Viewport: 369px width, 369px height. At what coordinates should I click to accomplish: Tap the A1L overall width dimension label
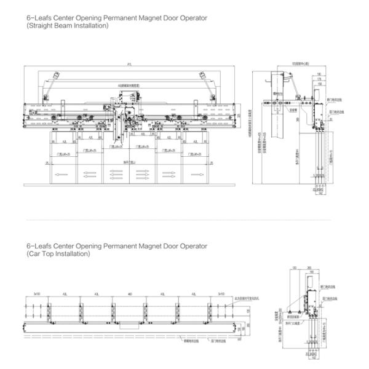pyautogui.click(x=129, y=65)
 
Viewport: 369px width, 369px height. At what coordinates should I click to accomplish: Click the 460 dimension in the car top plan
pyautogui.click(x=130, y=295)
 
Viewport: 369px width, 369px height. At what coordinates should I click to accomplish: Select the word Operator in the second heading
pyautogui.click(x=191, y=246)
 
